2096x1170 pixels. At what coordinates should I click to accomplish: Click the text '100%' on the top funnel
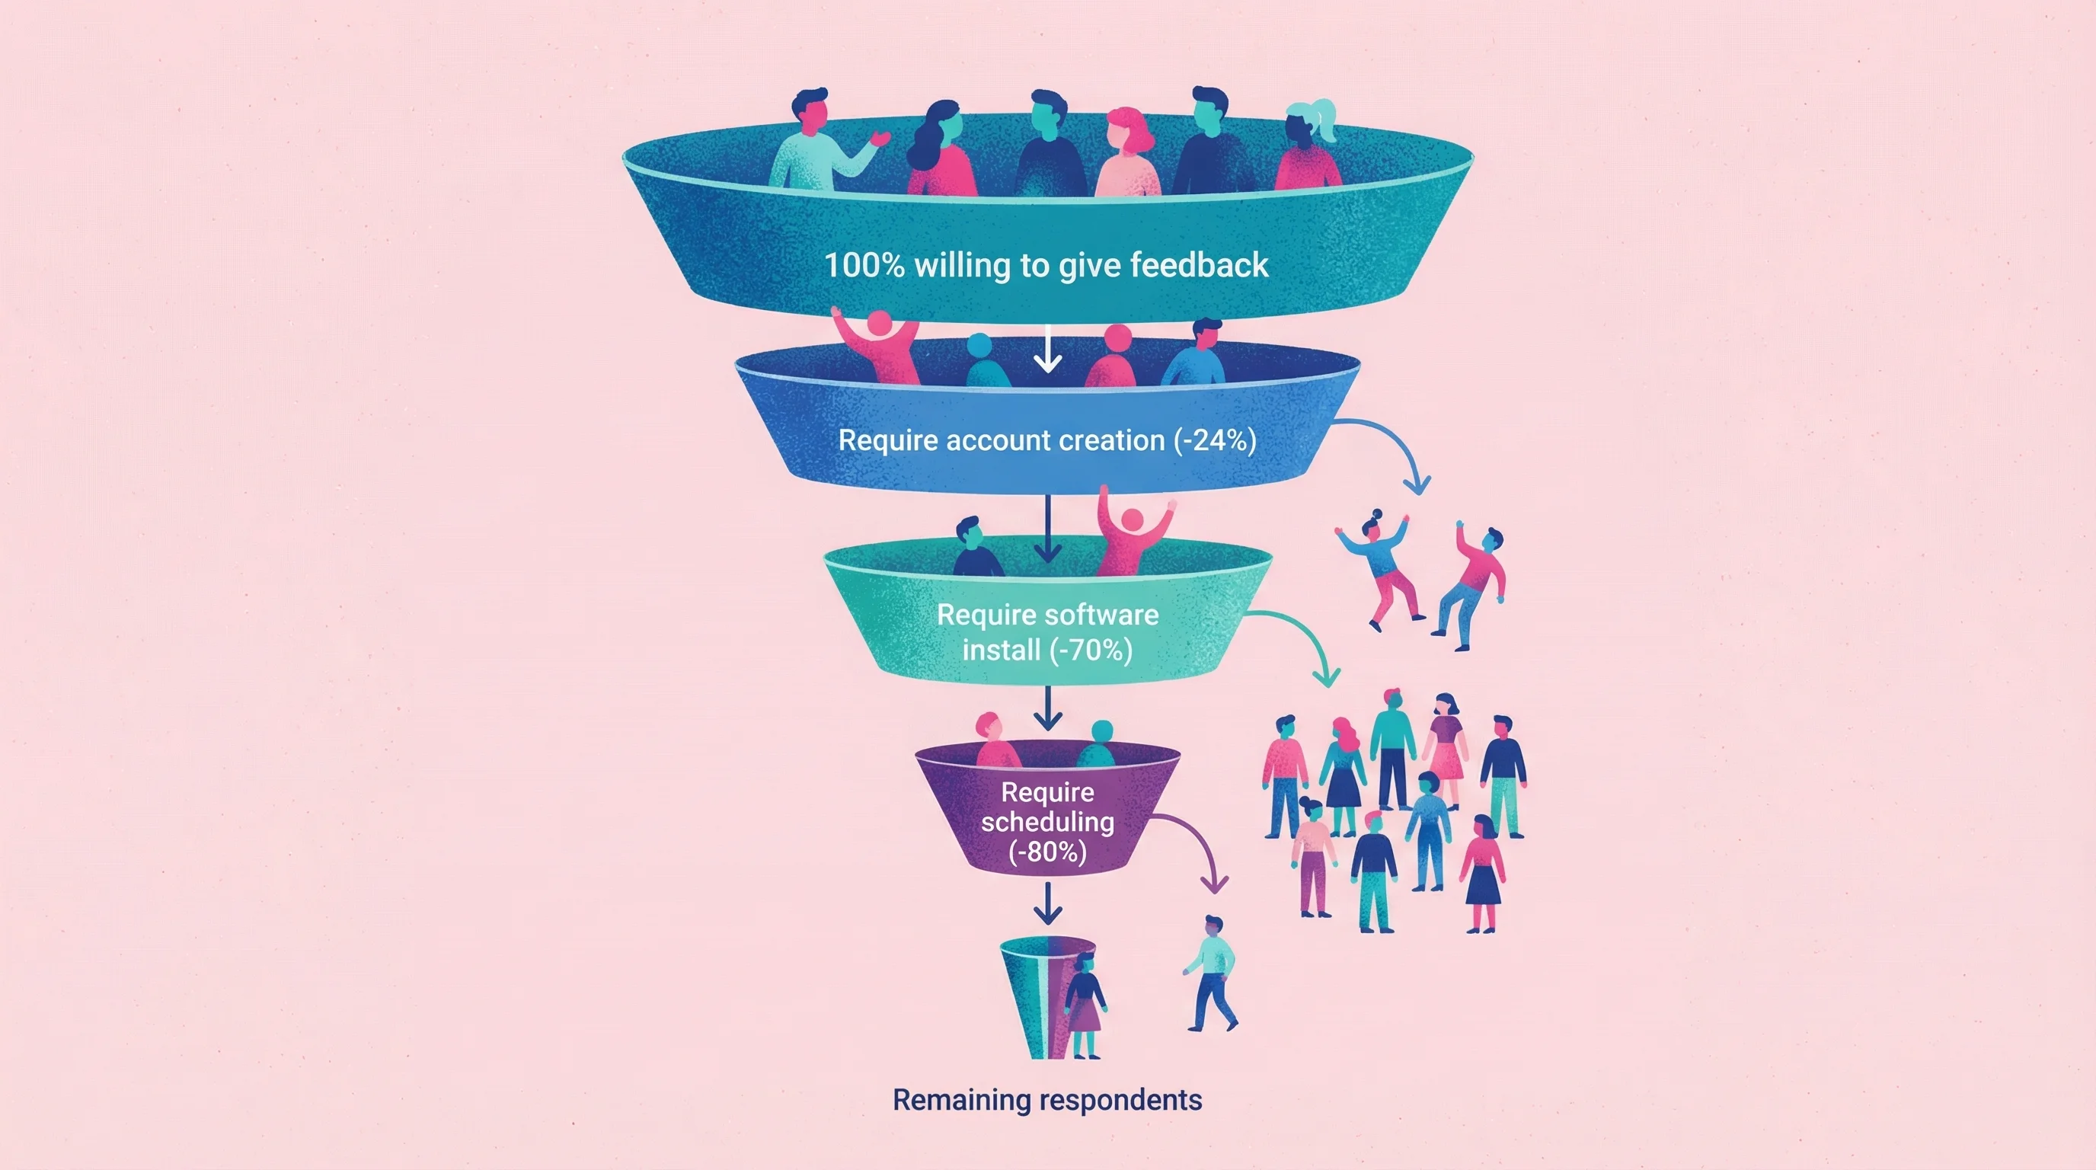(864, 265)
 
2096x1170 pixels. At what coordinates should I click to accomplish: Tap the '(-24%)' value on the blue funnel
(1215, 440)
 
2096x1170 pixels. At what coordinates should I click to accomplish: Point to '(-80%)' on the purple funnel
(1047, 852)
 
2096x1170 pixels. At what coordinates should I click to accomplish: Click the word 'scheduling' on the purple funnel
(1047, 822)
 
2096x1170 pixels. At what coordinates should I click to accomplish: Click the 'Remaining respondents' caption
(1047, 1100)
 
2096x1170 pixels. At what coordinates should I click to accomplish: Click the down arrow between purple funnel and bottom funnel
(1047, 903)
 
